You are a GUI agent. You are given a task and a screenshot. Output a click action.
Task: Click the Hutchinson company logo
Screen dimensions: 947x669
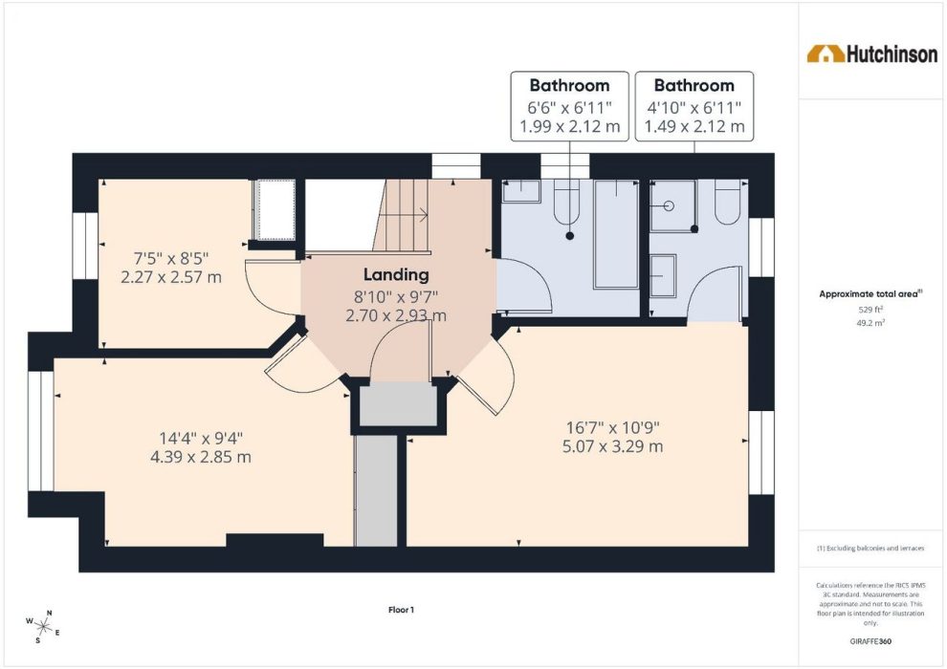pos(872,54)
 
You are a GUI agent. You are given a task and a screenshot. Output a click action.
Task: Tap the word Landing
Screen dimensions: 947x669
pos(396,275)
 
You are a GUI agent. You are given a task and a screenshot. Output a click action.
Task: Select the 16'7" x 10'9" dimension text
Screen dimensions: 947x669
pos(612,428)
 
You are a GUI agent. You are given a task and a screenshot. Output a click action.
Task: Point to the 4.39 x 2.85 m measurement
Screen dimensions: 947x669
pos(201,457)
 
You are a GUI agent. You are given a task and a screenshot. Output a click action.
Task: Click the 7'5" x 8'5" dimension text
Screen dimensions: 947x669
pos(171,259)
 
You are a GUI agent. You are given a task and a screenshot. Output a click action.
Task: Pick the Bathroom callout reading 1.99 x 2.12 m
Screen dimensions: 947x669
pos(569,106)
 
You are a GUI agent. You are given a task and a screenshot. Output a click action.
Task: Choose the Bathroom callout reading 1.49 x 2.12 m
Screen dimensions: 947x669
pos(694,106)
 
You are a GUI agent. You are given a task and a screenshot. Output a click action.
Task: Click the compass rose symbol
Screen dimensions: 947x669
pos(43,626)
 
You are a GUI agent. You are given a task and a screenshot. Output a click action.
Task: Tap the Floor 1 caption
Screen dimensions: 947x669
pos(401,610)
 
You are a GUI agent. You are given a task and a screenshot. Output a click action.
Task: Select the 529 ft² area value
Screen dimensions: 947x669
pos(870,310)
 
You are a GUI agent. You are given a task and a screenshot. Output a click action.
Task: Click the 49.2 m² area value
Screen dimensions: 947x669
pos(870,323)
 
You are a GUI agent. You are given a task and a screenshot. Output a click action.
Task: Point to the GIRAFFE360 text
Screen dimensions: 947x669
pos(870,641)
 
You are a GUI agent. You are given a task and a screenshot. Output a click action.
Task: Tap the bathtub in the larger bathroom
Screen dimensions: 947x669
pos(616,234)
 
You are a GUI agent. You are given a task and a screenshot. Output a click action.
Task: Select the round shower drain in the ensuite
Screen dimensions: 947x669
pos(669,205)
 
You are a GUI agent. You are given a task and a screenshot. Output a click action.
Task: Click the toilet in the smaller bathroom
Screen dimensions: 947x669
pos(727,202)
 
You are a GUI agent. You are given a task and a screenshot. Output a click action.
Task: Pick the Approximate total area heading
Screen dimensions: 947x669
pos(870,294)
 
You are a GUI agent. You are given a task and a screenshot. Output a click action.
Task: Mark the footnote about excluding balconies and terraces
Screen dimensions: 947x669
pos(870,549)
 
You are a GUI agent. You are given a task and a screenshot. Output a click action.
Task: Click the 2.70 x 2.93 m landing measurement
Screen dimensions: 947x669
pos(396,315)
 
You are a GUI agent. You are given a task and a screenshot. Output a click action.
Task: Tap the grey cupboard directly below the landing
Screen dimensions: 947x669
pos(399,405)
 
